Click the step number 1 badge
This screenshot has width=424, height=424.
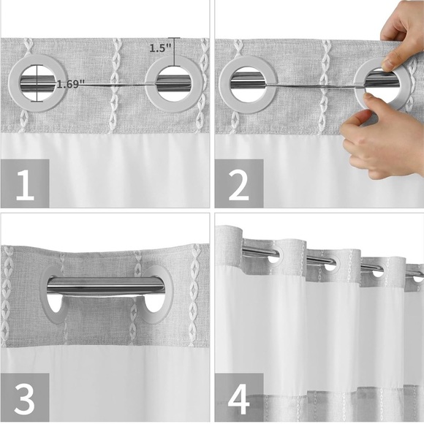click(x=25, y=185)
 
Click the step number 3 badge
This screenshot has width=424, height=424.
click(x=25, y=398)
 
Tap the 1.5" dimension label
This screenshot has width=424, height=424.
click(x=159, y=48)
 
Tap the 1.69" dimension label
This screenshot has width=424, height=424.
click(x=70, y=83)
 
